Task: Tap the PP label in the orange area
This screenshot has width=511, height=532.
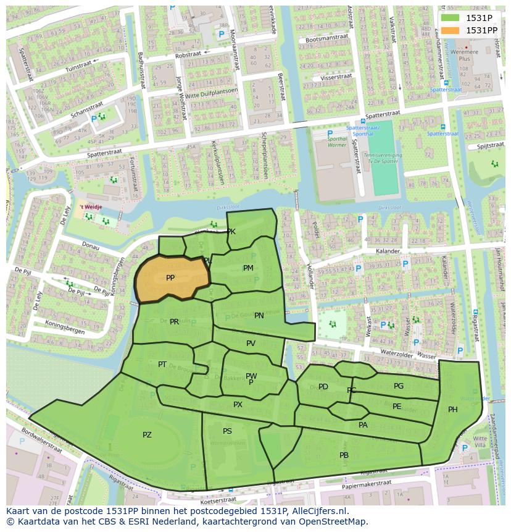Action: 170,278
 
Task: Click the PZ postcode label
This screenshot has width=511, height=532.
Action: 147,435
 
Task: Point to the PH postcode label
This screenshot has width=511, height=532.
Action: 452,409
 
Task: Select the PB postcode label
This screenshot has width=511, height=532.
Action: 344,455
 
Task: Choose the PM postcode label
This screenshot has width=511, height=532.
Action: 248,268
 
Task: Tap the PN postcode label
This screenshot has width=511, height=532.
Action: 259,315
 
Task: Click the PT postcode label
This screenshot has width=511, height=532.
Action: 162,364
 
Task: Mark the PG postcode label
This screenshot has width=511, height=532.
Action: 399,386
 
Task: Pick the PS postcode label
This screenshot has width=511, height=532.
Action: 227,431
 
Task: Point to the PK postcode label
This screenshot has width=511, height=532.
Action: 231,232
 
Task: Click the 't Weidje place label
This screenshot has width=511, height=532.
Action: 90,207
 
